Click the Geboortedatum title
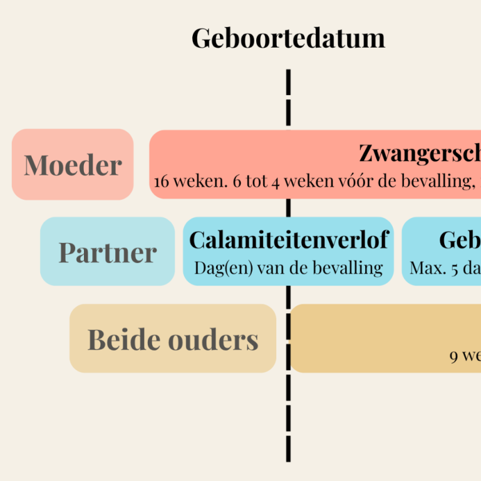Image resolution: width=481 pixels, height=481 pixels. pos(288,38)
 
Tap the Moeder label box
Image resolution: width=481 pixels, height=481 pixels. pos(73,165)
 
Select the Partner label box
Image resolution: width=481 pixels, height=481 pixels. pos(107,252)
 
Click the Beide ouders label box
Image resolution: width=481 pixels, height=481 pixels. pos(173,339)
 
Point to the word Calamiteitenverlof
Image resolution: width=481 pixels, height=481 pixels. pos(289,240)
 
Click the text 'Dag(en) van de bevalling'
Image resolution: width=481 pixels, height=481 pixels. pos(289,268)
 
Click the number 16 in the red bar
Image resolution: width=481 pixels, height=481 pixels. pos(162,182)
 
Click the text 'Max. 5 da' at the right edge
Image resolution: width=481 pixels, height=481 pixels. pos(445,268)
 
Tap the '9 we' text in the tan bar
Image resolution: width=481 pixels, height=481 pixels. pos(465,356)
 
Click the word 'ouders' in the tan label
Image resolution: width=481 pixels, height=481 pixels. pos(216,339)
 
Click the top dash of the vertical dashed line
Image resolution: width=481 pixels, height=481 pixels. pos(289,81)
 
